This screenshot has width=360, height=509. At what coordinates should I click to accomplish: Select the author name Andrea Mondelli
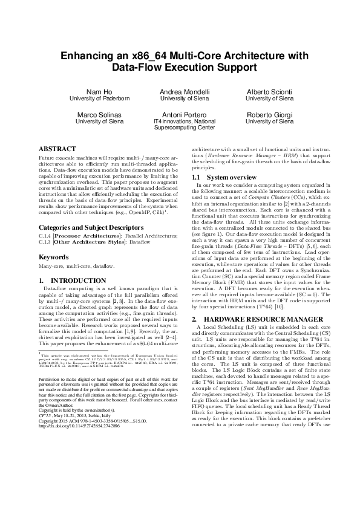pyautogui.click(x=180, y=91)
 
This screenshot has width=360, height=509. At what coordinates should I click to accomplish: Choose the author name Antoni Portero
pyautogui.click(x=180, y=114)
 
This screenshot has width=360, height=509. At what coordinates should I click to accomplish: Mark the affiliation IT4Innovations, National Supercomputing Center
pyautogui.click(x=180, y=125)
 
